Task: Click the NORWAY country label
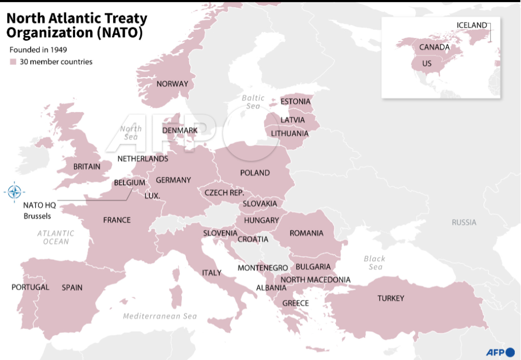[172, 84]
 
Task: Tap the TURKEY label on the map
[390, 298]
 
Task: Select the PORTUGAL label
[30, 287]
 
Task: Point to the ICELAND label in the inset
[471, 25]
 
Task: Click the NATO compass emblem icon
[14, 193]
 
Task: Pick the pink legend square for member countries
[13, 62]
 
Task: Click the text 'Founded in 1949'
[39, 50]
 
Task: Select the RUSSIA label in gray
[463, 222]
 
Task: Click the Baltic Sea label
[253, 102]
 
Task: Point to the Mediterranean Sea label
[159, 316]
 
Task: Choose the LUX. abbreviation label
[152, 196]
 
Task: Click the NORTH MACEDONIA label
[315, 279]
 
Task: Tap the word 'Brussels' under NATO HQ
[37, 216]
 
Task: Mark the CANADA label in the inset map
[434, 47]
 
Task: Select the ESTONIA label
[295, 101]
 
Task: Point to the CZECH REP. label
[224, 193]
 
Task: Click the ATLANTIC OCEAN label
[55, 237]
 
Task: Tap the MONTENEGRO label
[263, 268]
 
